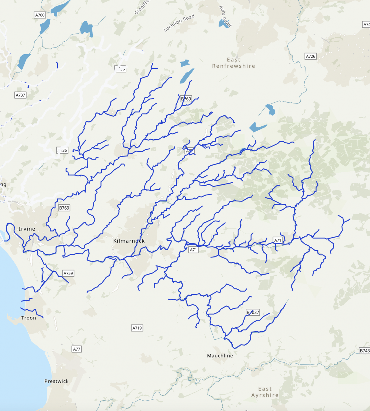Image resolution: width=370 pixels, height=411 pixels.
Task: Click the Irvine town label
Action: pyautogui.click(x=27, y=229)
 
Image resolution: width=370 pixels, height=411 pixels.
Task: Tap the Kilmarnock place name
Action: pyautogui.click(x=129, y=241)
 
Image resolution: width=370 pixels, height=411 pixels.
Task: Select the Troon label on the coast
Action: pyautogui.click(x=29, y=318)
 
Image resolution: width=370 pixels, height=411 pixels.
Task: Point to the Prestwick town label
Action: pyautogui.click(x=56, y=381)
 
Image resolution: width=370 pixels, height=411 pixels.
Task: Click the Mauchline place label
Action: pyautogui.click(x=220, y=356)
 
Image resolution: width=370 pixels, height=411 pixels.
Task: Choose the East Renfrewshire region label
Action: pyautogui.click(x=234, y=63)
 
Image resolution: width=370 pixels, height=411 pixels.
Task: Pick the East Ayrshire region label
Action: pyautogui.click(x=265, y=392)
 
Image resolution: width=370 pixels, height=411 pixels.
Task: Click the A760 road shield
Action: pyautogui.click(x=40, y=15)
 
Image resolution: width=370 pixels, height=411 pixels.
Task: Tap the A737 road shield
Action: pyautogui.click(x=21, y=95)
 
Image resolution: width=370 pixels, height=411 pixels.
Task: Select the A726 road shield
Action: pyautogui.click(x=311, y=56)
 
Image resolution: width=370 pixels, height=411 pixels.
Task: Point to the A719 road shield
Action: pyautogui.click(x=137, y=328)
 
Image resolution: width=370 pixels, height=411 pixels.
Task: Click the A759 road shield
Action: pyautogui.click(x=68, y=273)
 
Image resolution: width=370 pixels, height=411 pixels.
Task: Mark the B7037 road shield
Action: pyautogui.click(x=253, y=312)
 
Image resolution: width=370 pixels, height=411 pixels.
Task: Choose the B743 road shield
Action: pyautogui.click(x=364, y=351)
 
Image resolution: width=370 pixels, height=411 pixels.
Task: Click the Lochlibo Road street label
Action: pyautogui.click(x=179, y=23)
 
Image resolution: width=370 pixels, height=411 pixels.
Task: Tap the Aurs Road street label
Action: pyautogui.click(x=225, y=16)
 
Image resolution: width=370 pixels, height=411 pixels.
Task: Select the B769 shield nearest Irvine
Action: pyautogui.click(x=64, y=208)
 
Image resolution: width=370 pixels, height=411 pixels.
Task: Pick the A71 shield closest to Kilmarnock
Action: pyautogui.click(x=193, y=250)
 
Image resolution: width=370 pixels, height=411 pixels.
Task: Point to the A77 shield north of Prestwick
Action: pyautogui.click(x=77, y=349)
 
